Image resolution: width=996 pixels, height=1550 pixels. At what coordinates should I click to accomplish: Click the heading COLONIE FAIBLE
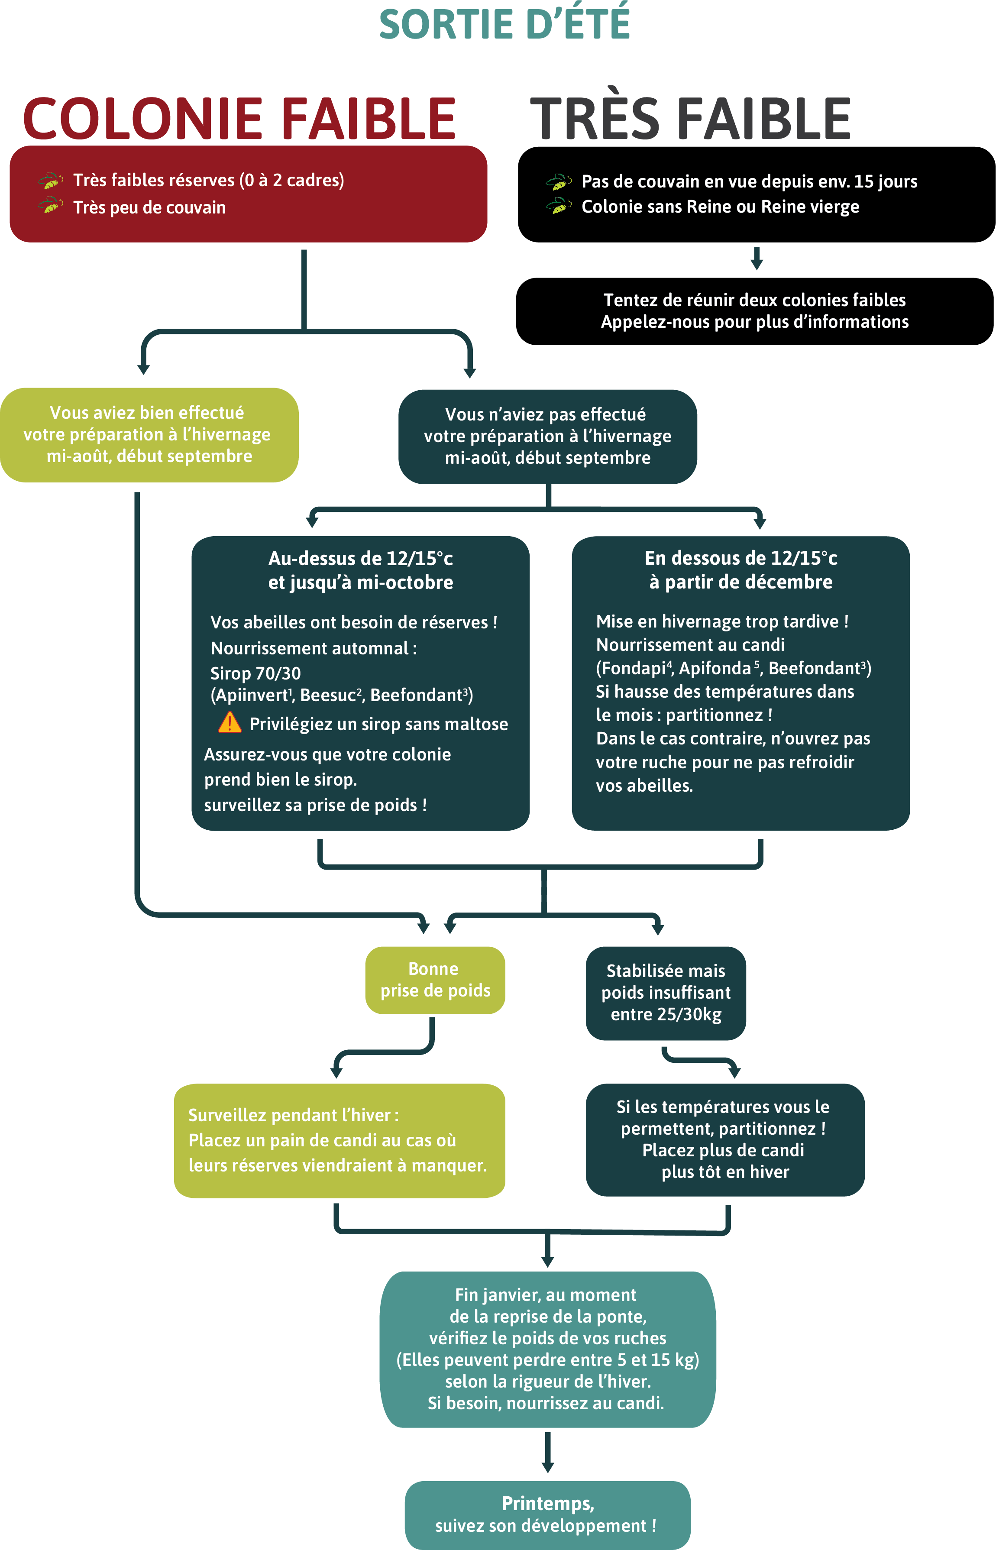pos(239,119)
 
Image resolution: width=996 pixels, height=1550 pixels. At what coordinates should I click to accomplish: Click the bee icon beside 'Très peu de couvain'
pos(50,206)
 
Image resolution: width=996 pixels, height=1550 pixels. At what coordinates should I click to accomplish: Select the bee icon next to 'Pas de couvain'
pos(559,182)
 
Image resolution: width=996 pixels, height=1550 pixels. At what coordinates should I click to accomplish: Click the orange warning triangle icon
pos(230,722)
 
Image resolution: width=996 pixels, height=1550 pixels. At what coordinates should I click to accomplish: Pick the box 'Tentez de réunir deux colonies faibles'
pos(755,311)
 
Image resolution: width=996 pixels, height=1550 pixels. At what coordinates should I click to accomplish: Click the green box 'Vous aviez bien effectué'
pos(149,434)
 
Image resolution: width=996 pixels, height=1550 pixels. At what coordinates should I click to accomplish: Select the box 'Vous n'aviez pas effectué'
pos(547,437)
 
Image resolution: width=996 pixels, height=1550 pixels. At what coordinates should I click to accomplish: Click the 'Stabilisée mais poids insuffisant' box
pos(666,993)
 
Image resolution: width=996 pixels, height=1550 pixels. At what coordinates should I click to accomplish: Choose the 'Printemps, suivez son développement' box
pos(547,1514)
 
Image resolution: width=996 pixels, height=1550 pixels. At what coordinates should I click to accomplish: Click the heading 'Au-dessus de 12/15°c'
pos(361,557)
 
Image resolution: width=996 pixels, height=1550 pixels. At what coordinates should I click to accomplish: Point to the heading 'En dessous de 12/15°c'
pos(741,557)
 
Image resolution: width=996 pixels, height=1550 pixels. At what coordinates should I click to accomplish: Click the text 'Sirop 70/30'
pos(255,673)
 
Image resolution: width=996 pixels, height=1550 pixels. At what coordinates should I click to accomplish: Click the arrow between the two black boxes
pos(757,258)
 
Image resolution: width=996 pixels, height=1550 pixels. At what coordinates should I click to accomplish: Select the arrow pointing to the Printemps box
pos(548,1453)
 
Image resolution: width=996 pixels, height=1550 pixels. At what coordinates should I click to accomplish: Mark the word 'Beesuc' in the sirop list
pos(328,695)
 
